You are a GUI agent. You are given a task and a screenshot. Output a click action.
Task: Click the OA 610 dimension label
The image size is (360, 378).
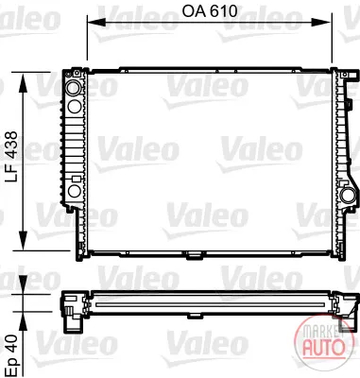[210, 11]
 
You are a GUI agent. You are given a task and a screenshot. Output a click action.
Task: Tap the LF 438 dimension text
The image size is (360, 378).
[12, 157]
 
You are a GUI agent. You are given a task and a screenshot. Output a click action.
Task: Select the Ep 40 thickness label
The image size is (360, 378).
[12, 354]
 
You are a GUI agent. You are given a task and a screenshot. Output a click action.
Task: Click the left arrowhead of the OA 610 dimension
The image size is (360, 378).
[95, 23]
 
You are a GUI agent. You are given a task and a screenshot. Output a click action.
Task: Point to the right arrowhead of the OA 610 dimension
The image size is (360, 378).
[323, 23]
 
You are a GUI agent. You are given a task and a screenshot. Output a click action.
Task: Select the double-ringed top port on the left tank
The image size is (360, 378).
[74, 87]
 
